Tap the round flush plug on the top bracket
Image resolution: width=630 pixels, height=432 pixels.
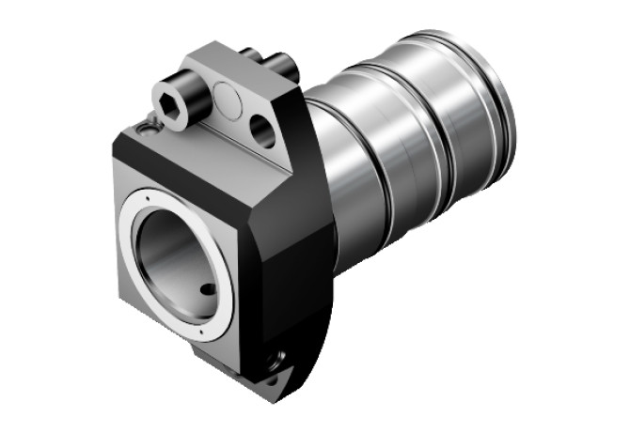[227, 97]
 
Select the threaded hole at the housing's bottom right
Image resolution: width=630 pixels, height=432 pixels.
[276, 358]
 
